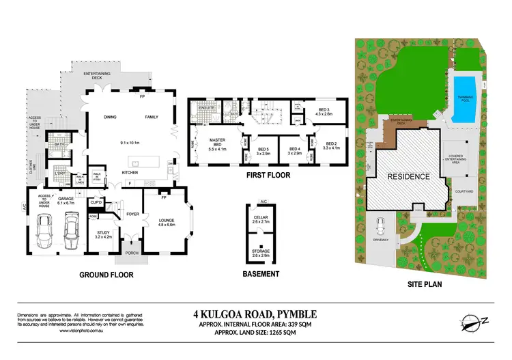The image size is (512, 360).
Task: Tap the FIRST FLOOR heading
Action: point(268,175)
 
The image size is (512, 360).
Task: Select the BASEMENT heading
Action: point(261,274)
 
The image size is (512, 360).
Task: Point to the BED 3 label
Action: point(324,110)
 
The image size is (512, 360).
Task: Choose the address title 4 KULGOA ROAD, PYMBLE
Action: point(255,315)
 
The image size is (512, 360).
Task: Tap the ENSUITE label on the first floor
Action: point(207,107)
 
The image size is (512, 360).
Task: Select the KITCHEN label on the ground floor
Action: point(132,173)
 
